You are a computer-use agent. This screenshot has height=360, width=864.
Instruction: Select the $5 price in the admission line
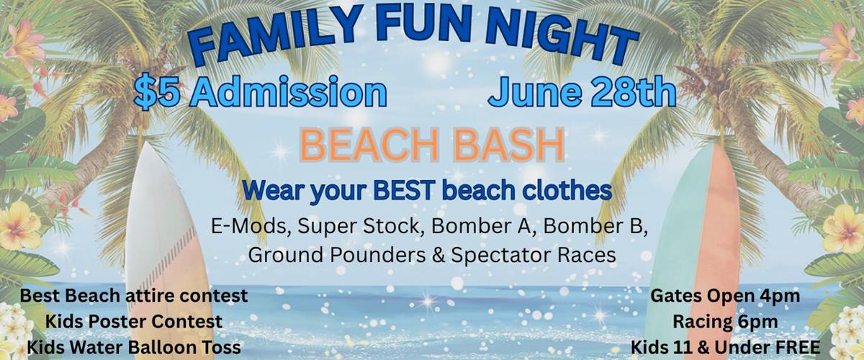(x=157, y=93)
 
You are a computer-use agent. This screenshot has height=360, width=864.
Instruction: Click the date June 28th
(x=582, y=92)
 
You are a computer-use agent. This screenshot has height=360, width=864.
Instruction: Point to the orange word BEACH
(x=369, y=145)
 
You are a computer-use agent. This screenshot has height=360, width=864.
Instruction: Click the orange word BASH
(x=509, y=145)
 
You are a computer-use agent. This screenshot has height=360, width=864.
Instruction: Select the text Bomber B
(x=595, y=226)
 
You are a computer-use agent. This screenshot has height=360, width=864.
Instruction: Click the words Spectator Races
(x=534, y=255)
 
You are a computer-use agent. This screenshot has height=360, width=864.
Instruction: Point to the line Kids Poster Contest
(x=134, y=321)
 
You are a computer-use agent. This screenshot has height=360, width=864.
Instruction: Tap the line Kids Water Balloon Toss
(x=134, y=347)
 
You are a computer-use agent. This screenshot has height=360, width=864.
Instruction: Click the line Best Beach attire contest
(x=134, y=296)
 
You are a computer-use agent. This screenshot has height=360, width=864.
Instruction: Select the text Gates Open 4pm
(x=725, y=297)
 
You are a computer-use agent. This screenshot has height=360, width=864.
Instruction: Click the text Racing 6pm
(x=725, y=322)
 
